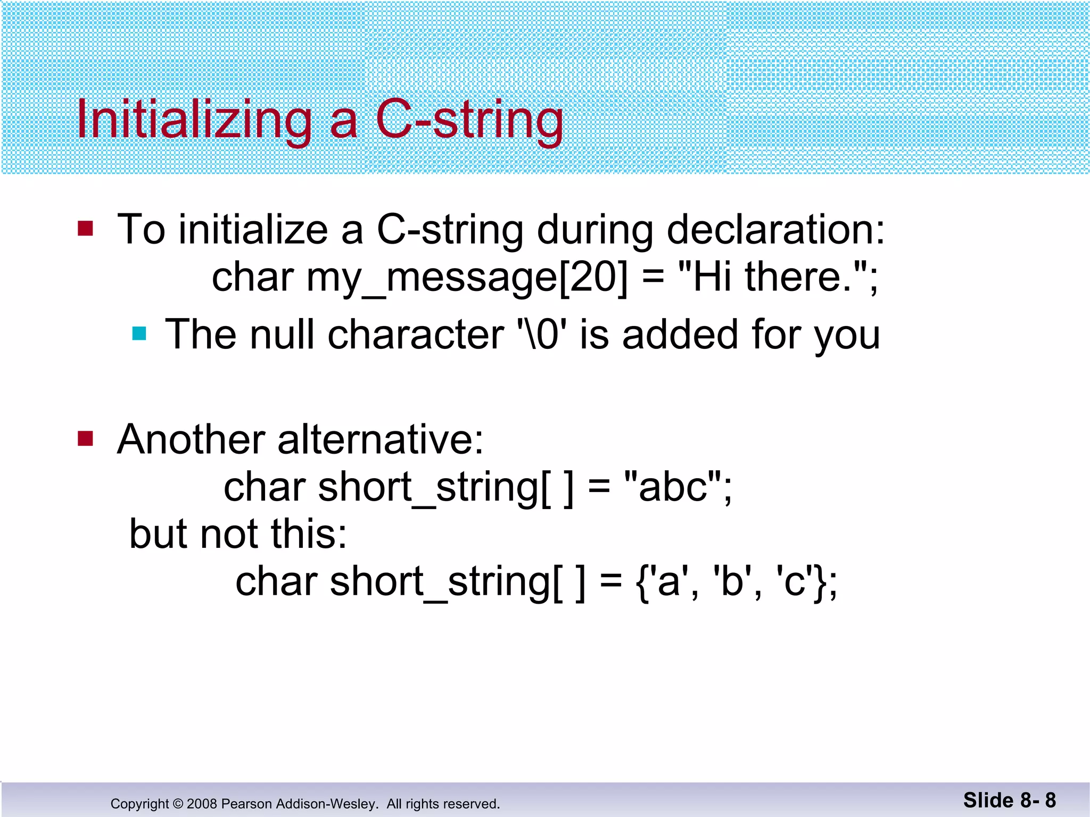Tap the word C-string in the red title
[469, 121]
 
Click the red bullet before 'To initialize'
[85, 229]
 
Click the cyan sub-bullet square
[139, 334]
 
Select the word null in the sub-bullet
[282, 335]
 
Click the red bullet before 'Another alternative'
[85, 439]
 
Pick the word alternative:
[380, 440]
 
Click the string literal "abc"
[673, 487]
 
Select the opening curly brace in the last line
[643, 582]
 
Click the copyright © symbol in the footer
[178, 804]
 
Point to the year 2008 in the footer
[202, 804]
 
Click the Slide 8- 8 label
[1009, 801]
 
